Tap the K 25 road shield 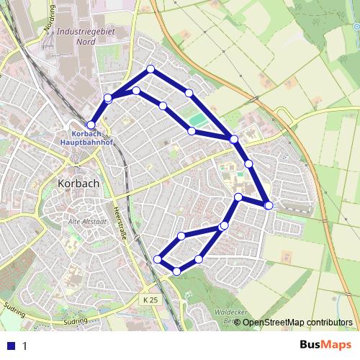(x=149, y=299)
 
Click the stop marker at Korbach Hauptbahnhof (x=91, y=125)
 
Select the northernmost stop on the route (x=150, y=69)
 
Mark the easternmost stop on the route (x=269, y=206)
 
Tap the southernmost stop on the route (x=177, y=271)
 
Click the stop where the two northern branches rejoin (x=234, y=138)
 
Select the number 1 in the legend (x=24, y=346)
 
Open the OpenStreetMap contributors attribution (x=297, y=322)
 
